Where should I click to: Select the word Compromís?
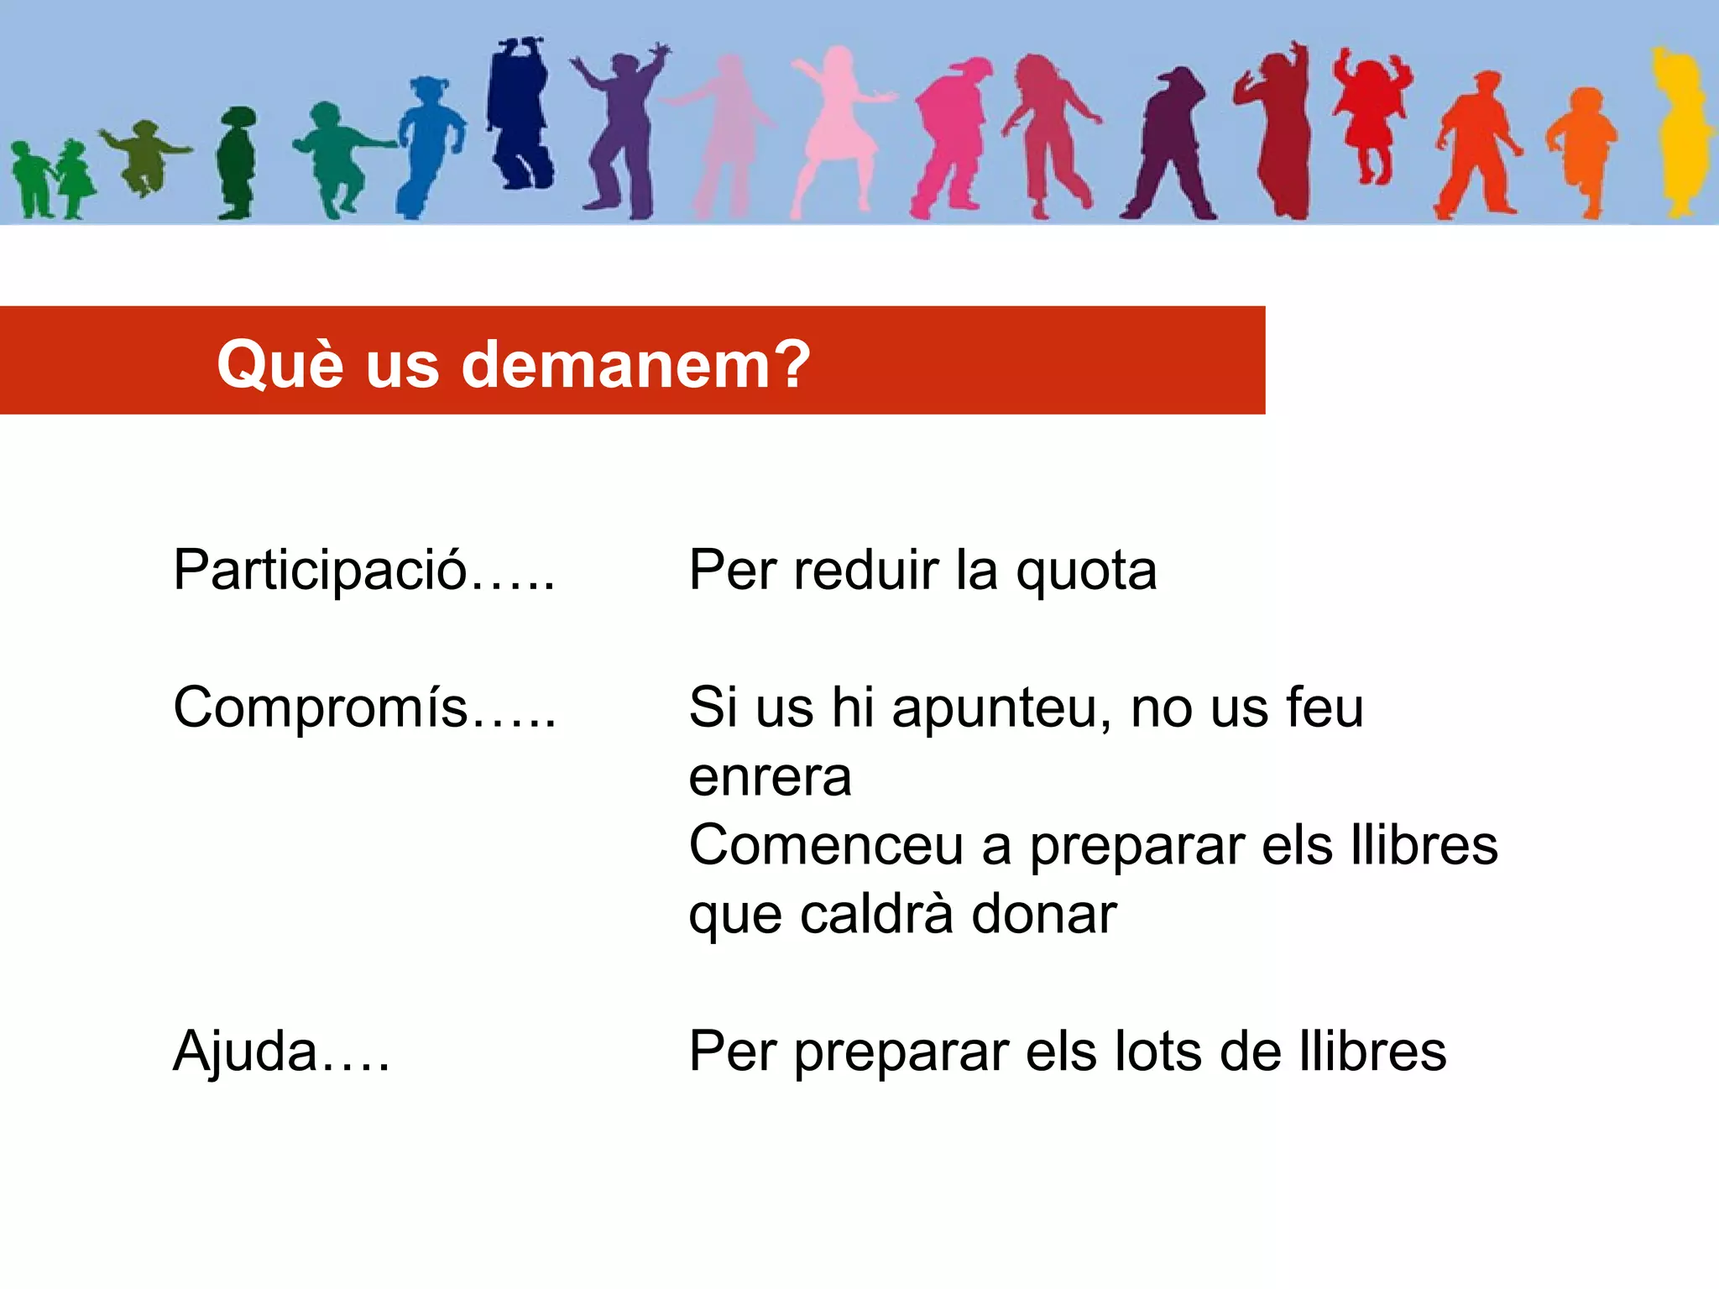pos(320,708)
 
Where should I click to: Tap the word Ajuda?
pos(245,1052)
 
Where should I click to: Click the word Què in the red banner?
pos(280,364)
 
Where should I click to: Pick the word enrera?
pos(770,777)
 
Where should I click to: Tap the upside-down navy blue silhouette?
pos(520,113)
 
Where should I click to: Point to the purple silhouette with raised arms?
pos(621,130)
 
